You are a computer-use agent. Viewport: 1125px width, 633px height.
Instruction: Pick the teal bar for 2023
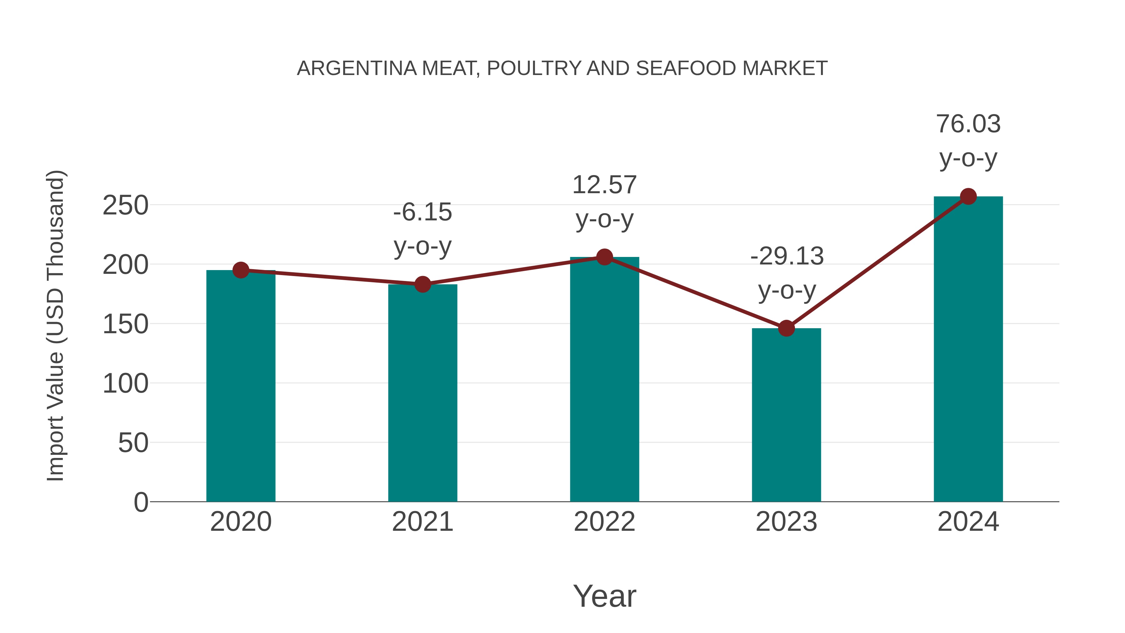pyautogui.click(x=786, y=415)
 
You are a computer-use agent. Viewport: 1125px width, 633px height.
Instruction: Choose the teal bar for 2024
pyautogui.click(x=968, y=349)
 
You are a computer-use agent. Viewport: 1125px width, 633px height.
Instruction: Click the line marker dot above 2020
pyautogui.click(x=241, y=270)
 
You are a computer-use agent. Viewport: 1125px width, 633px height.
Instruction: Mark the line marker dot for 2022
pyautogui.click(x=604, y=257)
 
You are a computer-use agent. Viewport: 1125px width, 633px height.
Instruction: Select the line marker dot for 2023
pyautogui.click(x=786, y=328)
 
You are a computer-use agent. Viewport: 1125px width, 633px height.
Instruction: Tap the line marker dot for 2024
pyautogui.click(x=968, y=197)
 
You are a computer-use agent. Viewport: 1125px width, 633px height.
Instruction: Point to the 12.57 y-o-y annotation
pyautogui.click(x=604, y=202)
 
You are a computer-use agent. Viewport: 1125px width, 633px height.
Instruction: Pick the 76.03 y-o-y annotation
pyautogui.click(x=968, y=141)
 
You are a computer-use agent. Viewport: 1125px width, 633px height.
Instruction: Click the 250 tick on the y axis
pyautogui.click(x=125, y=205)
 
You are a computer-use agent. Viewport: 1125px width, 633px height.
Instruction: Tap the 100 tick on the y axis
pyautogui.click(x=125, y=384)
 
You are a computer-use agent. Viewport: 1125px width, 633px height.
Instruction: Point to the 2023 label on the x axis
pyautogui.click(x=786, y=522)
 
